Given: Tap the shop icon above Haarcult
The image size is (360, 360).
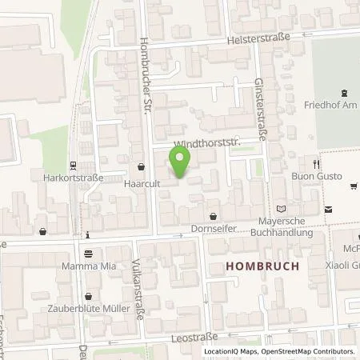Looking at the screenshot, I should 142,168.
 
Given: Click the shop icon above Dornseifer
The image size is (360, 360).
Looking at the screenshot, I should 213,217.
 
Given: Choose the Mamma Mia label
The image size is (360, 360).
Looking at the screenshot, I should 88,263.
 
